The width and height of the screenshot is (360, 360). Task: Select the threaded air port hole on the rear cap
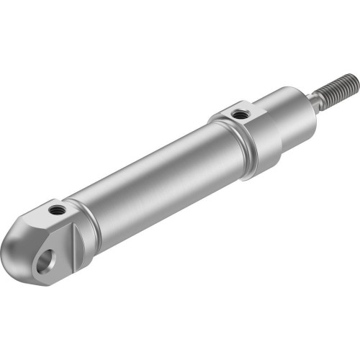pos(55,211)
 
